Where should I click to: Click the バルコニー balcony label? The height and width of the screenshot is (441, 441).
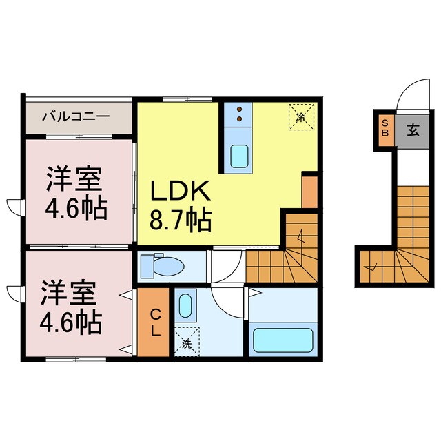[x=76, y=116]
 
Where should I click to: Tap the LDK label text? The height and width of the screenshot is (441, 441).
[x=181, y=190]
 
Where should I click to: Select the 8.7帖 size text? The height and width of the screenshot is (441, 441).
[x=181, y=219]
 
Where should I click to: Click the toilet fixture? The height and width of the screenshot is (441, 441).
[x=163, y=265]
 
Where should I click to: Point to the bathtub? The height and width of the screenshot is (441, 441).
[x=283, y=340]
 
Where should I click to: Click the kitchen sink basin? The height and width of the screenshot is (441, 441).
[x=239, y=156]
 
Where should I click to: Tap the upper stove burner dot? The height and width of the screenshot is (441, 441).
[x=239, y=109]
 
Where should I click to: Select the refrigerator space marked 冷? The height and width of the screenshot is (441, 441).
[x=302, y=117]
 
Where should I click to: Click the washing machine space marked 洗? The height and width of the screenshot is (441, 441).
[x=187, y=342]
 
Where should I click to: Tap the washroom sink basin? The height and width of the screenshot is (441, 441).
[x=185, y=306]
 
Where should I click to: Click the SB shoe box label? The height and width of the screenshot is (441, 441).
[x=385, y=128]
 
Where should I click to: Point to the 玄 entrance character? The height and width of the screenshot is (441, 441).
[x=413, y=130]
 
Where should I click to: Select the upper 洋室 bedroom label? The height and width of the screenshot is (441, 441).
[x=74, y=178]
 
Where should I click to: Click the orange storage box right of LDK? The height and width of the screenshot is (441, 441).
[x=309, y=192]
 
